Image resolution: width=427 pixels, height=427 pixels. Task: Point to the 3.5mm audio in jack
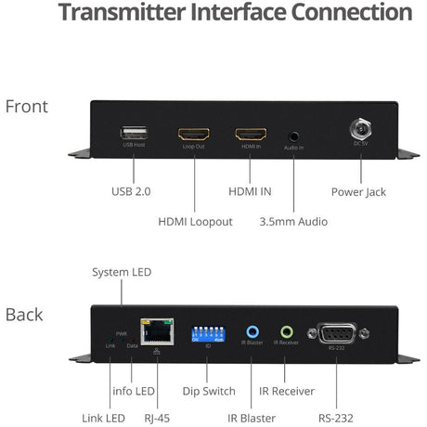coord(294,135)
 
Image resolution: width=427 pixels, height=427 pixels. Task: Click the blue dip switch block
coord(209,332)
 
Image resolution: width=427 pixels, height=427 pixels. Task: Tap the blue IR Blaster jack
coord(252,330)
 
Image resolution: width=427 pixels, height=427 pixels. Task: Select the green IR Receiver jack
coord(287,330)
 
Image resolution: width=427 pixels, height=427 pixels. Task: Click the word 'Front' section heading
coord(27,106)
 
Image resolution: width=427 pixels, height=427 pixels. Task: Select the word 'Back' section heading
coord(24,314)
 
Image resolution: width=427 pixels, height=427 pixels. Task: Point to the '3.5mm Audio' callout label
coord(294,221)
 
